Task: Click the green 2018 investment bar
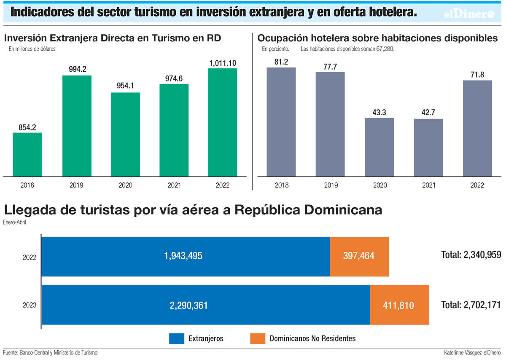pyautogui.click(x=27, y=154)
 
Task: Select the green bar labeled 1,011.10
pyautogui.click(x=223, y=122)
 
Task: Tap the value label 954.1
pyautogui.click(x=125, y=86)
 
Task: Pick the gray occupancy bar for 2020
pyautogui.click(x=379, y=147)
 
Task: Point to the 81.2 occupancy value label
pyautogui.click(x=281, y=62)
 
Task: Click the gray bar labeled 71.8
pyautogui.click(x=477, y=128)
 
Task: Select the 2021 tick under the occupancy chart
pyautogui.click(x=428, y=185)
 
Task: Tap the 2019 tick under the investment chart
pyautogui.click(x=76, y=185)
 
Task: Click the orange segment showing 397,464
pyautogui.click(x=359, y=256)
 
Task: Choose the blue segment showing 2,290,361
pyautogui.click(x=205, y=305)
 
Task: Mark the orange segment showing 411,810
pyautogui.click(x=399, y=305)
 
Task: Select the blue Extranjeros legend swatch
pyautogui.click(x=177, y=338)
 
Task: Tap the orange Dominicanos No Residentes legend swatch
pyautogui.click(x=258, y=338)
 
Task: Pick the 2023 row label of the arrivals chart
pyautogui.click(x=30, y=305)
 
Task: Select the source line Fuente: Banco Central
pyautogui.click(x=50, y=352)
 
